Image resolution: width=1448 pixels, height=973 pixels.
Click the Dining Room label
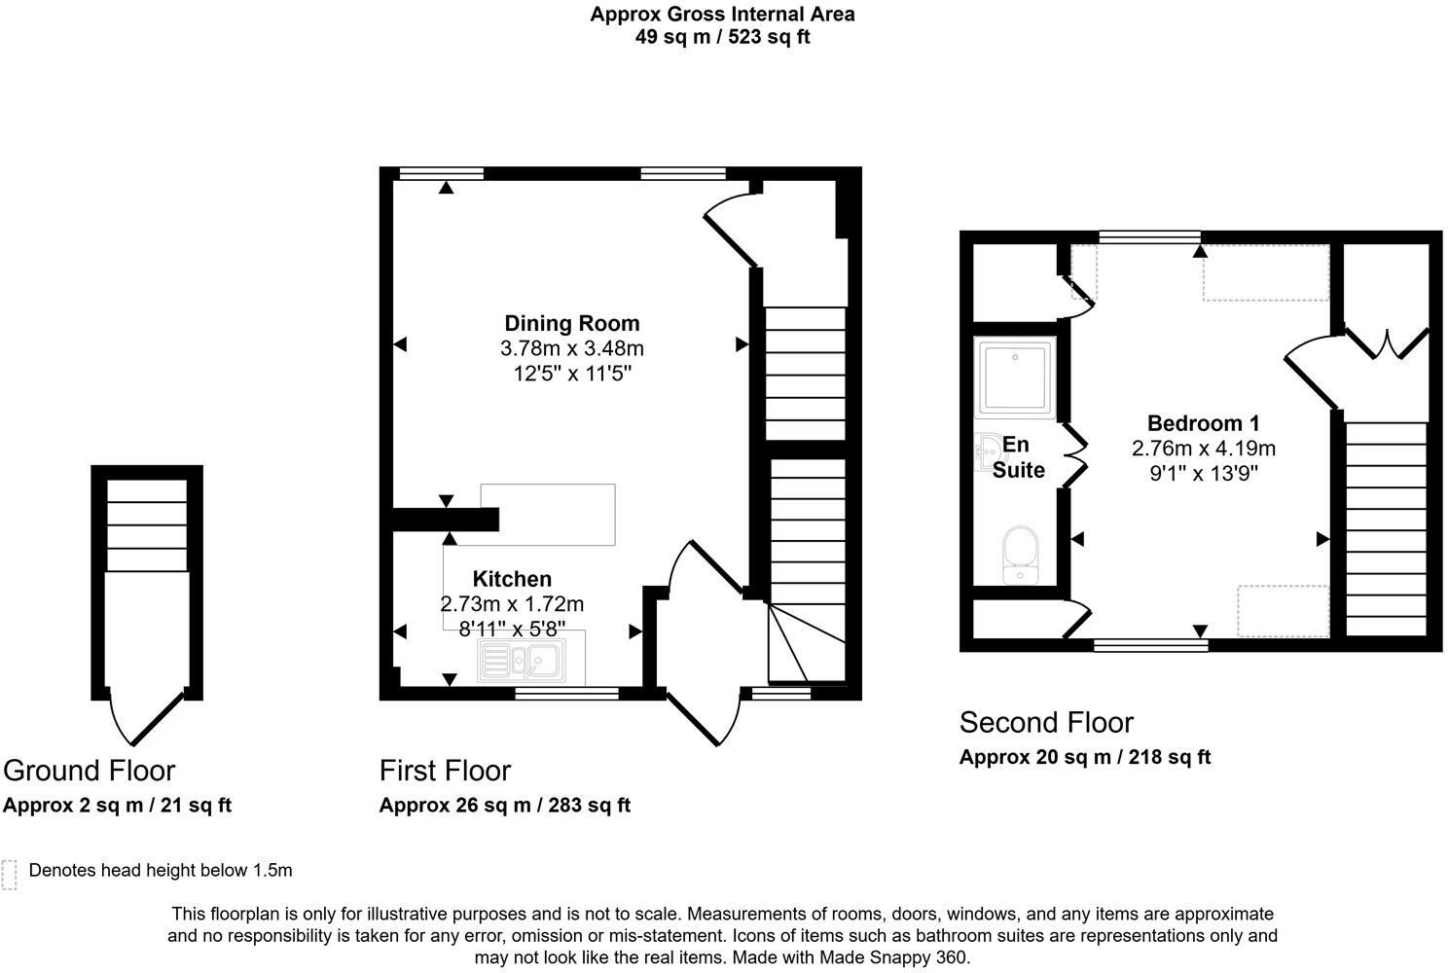point(571,323)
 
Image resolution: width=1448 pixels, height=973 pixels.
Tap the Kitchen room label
point(512,579)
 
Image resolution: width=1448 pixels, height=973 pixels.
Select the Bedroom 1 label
point(1203,423)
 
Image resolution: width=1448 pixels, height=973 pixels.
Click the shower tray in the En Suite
point(1015,378)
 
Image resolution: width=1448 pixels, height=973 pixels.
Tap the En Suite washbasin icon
point(986,450)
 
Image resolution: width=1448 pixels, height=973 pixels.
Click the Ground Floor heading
point(89,771)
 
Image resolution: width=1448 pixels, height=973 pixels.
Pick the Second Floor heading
point(1046,723)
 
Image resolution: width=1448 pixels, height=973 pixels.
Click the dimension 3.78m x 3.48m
point(571,348)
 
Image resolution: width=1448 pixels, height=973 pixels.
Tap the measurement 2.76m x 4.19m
point(1203,449)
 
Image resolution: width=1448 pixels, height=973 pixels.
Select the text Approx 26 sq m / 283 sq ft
point(504,806)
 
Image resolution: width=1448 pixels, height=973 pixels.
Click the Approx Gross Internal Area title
point(722,15)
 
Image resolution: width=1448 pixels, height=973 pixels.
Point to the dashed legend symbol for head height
point(10,874)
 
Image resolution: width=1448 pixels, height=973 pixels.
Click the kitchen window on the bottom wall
point(566,694)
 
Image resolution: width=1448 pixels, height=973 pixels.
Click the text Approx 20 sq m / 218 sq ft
point(1084,757)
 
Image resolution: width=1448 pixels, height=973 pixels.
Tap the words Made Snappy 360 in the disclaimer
point(897,957)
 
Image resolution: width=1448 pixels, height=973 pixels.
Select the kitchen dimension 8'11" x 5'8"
point(512,629)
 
